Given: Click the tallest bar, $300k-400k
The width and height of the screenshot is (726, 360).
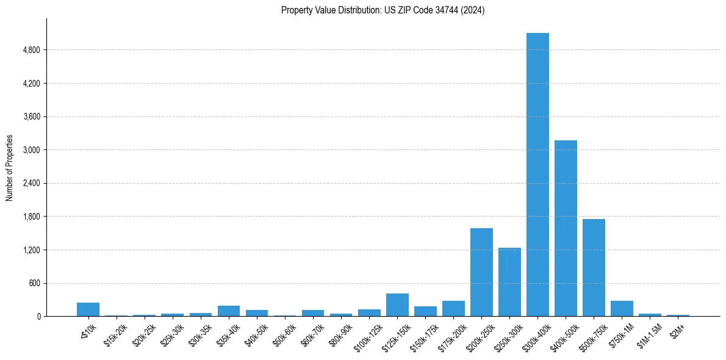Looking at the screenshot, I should click(x=537, y=175).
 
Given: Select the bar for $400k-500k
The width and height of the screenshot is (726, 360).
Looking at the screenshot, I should click(x=566, y=228).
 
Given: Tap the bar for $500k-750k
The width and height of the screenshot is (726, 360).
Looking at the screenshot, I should click(x=594, y=267).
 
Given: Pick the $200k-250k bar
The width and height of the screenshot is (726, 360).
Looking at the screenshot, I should click(x=481, y=272).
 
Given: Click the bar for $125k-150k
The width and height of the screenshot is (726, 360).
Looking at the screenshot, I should click(x=397, y=305).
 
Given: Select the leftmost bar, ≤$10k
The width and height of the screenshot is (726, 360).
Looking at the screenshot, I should click(x=88, y=309).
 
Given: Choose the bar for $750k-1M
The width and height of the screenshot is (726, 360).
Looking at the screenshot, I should click(x=622, y=309).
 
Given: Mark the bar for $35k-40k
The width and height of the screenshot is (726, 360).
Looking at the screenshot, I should click(x=229, y=311).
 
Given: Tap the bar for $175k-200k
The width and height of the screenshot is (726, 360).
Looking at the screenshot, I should click(x=453, y=309).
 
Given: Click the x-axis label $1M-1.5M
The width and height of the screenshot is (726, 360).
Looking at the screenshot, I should click(x=648, y=332).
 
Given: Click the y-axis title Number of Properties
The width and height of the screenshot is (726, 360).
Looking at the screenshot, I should click(x=9, y=167).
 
